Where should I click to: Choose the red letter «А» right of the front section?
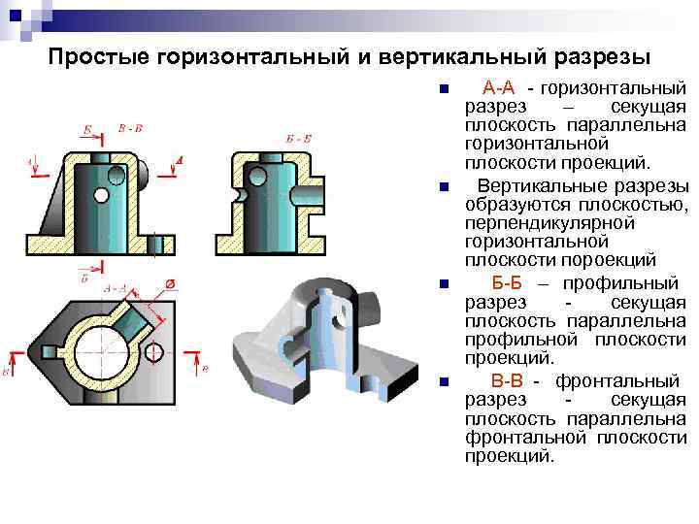click(x=180, y=160)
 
